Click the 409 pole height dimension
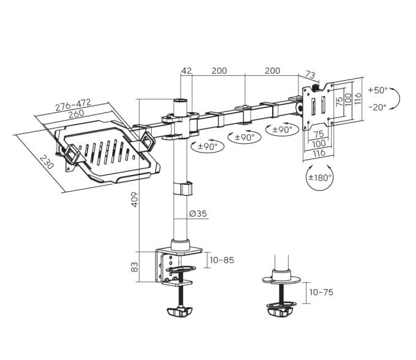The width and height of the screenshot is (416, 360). [x=135, y=200]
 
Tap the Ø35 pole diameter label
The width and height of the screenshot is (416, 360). [x=198, y=214]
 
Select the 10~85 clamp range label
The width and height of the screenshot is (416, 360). [x=222, y=260]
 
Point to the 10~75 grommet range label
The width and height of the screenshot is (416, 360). [x=321, y=292]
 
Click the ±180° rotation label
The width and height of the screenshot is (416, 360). [x=320, y=178]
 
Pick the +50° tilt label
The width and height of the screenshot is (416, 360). [x=378, y=90]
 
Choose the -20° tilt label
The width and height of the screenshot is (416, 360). [x=378, y=107]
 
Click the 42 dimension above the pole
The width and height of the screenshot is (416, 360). [x=186, y=70]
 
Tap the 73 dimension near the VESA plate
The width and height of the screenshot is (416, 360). [x=310, y=75]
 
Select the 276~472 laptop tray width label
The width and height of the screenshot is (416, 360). [x=73, y=105]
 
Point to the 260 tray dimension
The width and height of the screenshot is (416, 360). [x=76, y=114]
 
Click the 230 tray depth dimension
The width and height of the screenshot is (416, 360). [x=46, y=162]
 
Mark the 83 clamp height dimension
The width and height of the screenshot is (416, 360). [x=135, y=267]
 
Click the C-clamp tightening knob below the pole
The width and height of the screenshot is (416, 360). [x=179, y=312]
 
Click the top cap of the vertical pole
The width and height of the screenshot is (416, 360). [x=180, y=101]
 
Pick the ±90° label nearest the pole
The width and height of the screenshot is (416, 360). [x=208, y=146]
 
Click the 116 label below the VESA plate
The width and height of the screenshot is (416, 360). [x=319, y=152]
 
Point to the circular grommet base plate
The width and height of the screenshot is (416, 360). [x=281, y=279]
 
